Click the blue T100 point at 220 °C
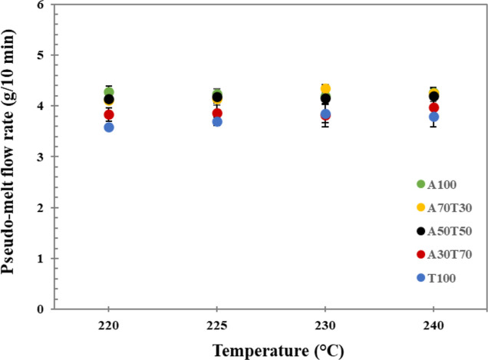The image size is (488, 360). (109, 127)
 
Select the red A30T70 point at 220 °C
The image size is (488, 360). (109, 114)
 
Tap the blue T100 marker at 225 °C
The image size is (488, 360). (217, 121)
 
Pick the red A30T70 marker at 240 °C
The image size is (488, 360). (434, 107)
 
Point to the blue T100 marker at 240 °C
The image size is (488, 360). (434, 117)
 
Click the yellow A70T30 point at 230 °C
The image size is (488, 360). (325, 89)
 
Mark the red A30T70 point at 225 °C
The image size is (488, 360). (217, 113)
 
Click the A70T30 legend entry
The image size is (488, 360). (451, 207)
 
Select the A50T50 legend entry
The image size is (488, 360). (451, 231)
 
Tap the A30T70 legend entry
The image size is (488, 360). (451, 255)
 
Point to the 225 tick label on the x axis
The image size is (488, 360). (217, 323)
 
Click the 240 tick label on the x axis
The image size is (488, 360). (434, 323)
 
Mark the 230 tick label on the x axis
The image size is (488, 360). (325, 323)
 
